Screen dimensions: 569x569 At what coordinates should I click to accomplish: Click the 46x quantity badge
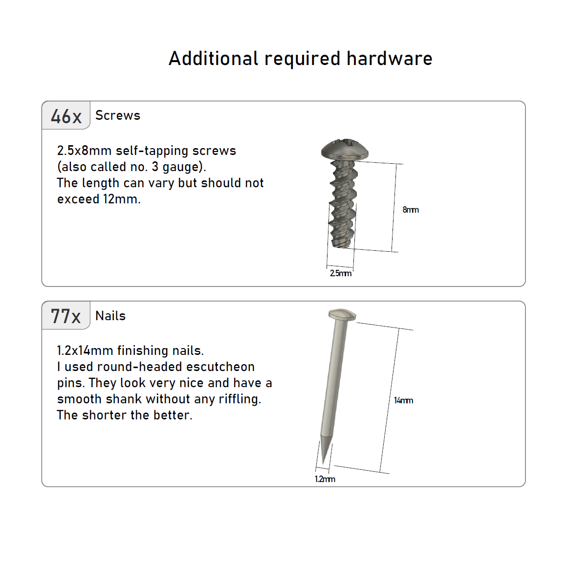66,115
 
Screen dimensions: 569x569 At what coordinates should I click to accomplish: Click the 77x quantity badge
66,315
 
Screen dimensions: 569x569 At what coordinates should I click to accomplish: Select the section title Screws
118,115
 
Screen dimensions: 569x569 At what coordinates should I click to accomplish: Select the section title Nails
110,316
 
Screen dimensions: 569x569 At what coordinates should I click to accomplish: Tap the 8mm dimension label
411,210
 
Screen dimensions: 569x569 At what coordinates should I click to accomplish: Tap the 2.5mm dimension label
340,273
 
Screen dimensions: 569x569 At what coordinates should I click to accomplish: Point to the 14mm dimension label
403,400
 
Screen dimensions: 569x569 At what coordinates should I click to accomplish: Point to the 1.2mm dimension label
325,479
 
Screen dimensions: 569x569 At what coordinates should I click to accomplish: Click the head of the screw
345,149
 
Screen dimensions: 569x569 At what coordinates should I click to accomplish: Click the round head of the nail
342,315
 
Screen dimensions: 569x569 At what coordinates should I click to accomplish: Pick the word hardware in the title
390,59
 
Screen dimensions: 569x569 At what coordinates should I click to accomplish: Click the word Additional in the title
213,59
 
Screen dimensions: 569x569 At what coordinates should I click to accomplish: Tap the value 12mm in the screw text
121,199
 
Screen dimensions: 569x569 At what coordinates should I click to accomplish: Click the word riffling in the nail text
240,399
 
